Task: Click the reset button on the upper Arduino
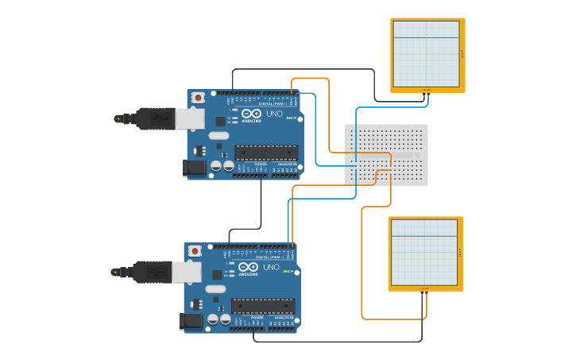pyautogui.click(x=197, y=97)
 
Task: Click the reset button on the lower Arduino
pyautogui.click(x=194, y=251)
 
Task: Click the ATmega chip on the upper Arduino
pyautogui.click(x=266, y=153)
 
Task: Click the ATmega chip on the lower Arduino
pyautogui.click(x=263, y=306)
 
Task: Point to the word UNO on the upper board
pyautogui.click(x=273, y=114)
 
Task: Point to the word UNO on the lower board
pyautogui.click(x=270, y=268)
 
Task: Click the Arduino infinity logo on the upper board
pyautogui.click(x=252, y=114)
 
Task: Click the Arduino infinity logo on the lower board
pyautogui.click(x=249, y=268)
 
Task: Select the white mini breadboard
pyautogui.click(x=386, y=154)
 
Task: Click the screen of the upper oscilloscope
pyautogui.click(x=426, y=53)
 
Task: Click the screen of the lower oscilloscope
pyautogui.click(x=424, y=252)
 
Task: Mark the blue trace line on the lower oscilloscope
pyautogui.click(x=424, y=237)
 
